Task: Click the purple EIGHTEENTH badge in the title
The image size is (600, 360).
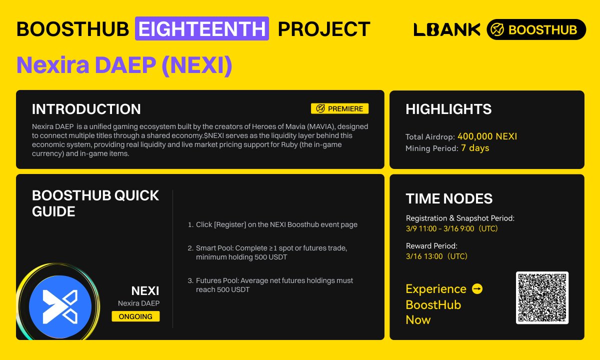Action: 202,28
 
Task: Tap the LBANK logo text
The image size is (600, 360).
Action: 446,29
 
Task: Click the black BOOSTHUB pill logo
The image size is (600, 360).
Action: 536,29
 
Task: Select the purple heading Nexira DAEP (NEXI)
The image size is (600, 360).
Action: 124,65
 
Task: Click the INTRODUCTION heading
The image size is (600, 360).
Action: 86,109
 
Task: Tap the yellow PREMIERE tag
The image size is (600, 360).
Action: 340,108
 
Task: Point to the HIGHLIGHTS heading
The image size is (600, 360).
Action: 448,109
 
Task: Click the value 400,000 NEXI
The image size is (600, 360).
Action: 487,136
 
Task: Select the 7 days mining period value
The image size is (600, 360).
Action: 475,148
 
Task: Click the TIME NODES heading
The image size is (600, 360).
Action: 449,198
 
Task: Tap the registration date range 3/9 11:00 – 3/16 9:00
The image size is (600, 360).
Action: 451,228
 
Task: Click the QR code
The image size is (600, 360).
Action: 542,298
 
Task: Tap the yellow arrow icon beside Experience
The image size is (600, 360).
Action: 477,289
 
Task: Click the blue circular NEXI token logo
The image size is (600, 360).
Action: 60,306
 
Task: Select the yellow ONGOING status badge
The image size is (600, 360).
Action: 135,316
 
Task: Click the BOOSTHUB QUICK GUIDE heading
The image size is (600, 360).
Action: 95,203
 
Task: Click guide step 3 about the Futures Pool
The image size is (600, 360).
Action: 274,285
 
